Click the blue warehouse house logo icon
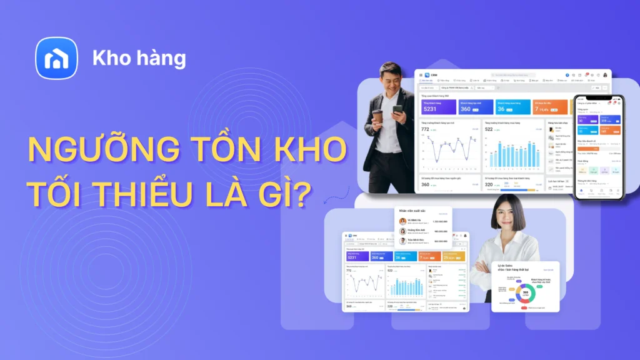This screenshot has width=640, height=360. (x=56, y=58)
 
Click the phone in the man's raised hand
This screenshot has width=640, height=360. (x=398, y=109)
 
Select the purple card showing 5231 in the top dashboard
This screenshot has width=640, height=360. (x=438, y=107)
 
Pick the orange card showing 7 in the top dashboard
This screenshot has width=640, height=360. (x=550, y=107)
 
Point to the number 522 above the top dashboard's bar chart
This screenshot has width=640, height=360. (x=489, y=129)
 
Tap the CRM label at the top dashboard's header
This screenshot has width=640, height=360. (x=434, y=75)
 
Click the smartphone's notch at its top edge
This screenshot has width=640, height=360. (x=599, y=97)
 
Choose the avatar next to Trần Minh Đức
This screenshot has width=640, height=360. (x=402, y=241)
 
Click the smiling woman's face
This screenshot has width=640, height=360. (x=507, y=215)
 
